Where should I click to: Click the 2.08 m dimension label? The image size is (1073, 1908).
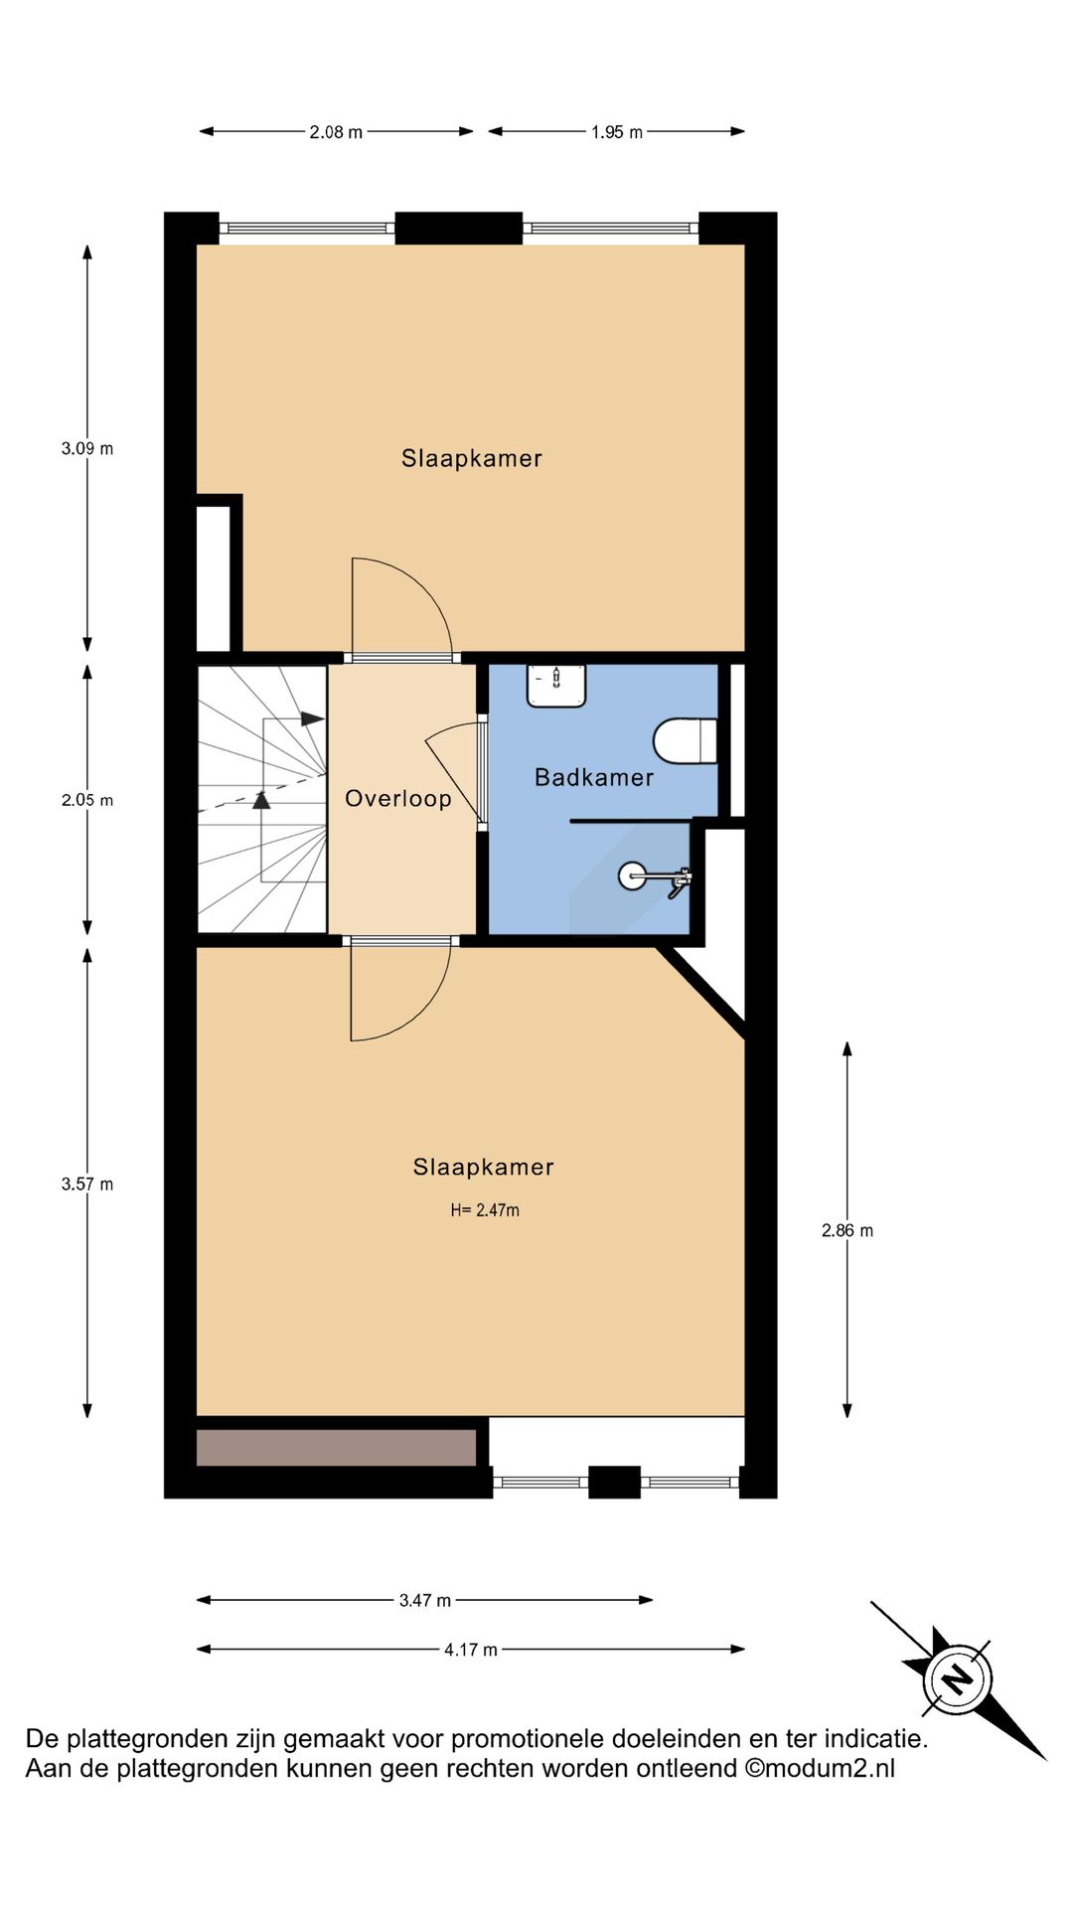pos(336,131)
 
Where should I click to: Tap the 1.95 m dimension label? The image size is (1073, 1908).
pos(617,131)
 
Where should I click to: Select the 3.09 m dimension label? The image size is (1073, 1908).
pos(87,448)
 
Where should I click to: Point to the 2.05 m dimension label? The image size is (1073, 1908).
pos(87,800)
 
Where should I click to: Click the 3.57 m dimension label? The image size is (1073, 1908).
pos(87,1184)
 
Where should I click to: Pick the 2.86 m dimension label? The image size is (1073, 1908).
pos(847,1230)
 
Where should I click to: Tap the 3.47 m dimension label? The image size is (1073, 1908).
pos(425,1600)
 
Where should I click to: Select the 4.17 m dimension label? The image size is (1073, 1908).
pos(471,1650)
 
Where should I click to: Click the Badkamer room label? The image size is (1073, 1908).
pos(594,777)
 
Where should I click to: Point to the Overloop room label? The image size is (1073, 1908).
pos(398,799)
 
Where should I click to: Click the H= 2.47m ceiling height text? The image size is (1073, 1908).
pos(485,1210)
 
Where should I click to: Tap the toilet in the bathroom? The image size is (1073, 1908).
pos(686,740)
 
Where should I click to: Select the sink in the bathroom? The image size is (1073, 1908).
pos(556,686)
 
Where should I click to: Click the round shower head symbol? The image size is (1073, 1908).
pos(632,875)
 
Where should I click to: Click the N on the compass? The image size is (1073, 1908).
pos(957,1679)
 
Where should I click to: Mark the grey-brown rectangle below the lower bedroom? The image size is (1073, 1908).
pos(337,1448)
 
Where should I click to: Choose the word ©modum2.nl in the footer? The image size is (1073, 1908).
pos(820,1768)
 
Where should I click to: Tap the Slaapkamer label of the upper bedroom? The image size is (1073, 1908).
pos(472,458)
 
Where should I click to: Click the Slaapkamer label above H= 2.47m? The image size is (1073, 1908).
pos(484,1167)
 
